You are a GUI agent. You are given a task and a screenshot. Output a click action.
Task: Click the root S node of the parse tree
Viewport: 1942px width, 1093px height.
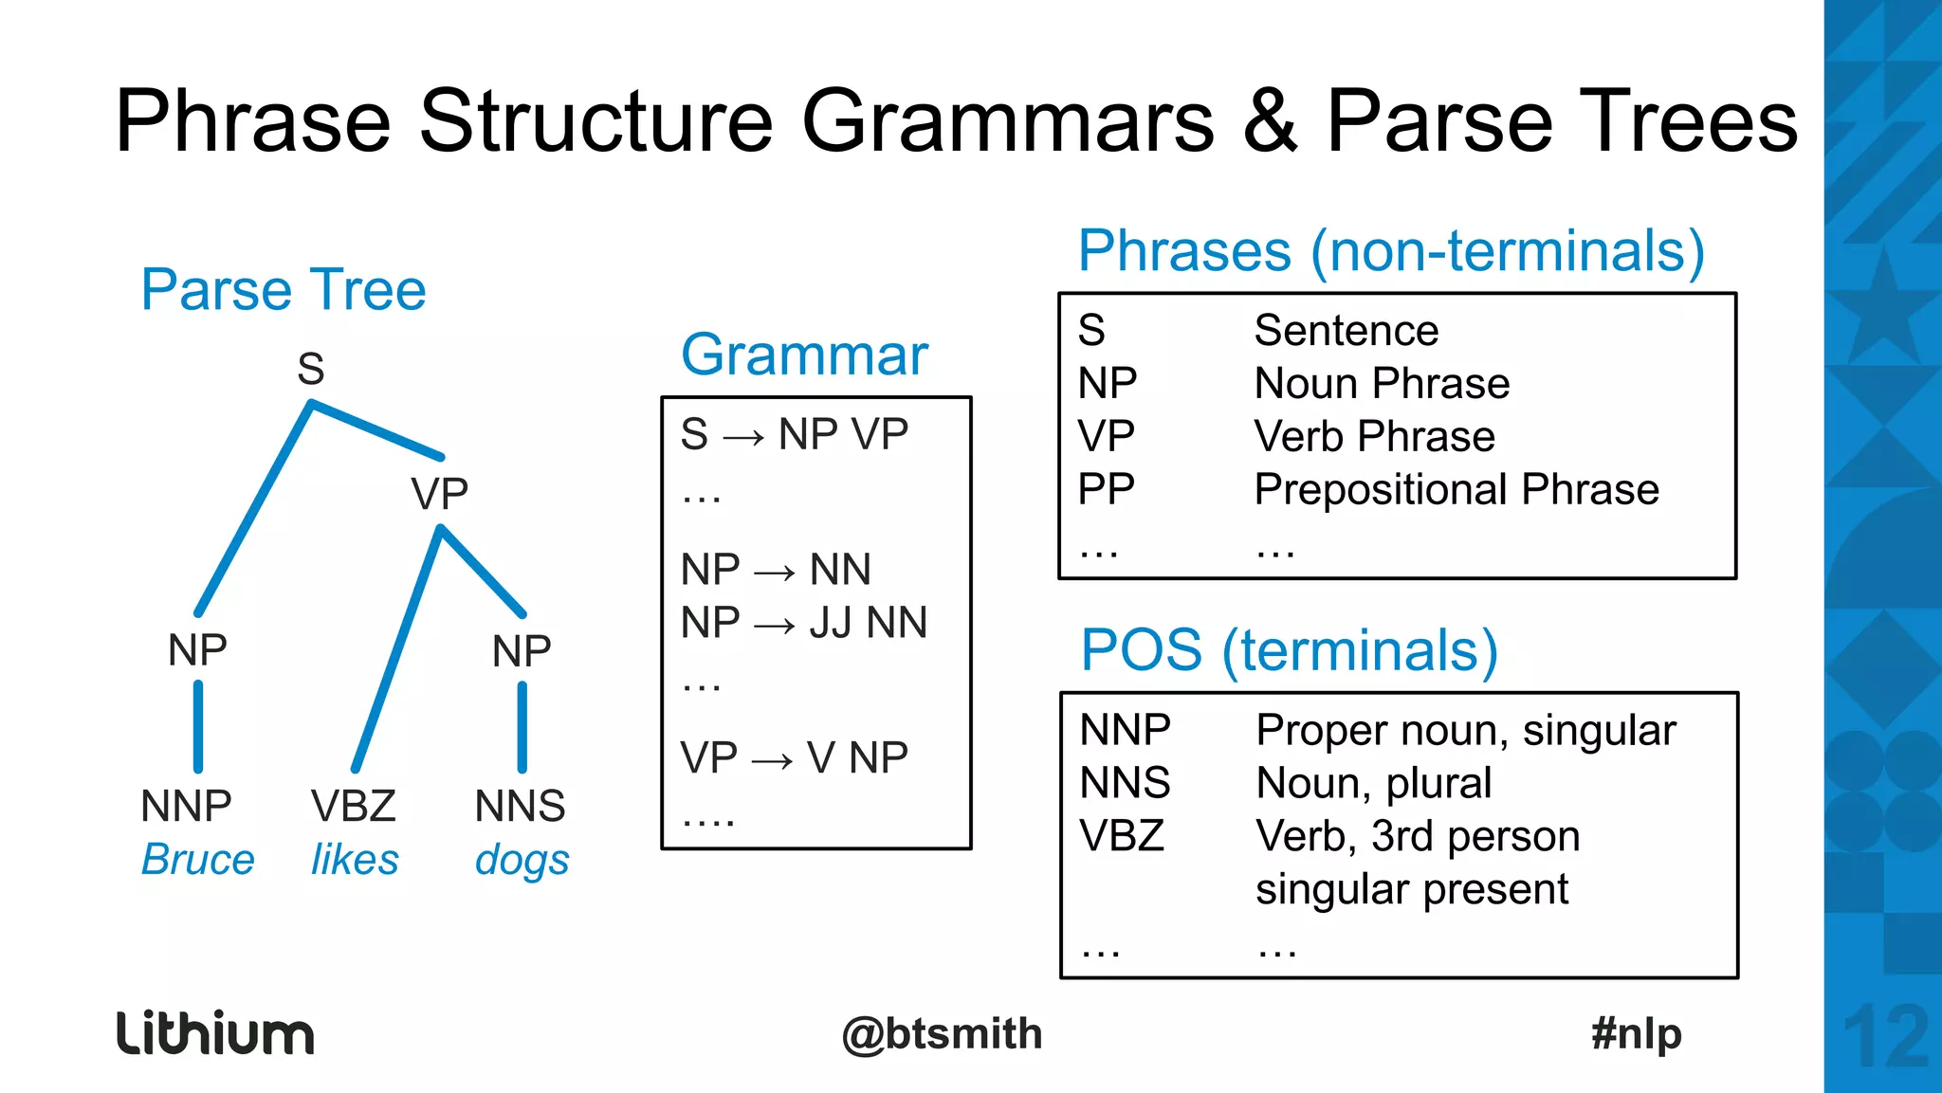click(x=311, y=369)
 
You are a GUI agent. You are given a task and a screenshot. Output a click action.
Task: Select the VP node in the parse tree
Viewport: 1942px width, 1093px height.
click(x=439, y=494)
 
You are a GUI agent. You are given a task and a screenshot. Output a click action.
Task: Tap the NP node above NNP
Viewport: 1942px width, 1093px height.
click(x=197, y=650)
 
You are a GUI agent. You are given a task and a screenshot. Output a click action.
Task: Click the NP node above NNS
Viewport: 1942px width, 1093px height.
click(x=522, y=651)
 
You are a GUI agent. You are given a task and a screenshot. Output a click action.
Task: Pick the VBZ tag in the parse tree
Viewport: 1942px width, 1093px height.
click(x=353, y=807)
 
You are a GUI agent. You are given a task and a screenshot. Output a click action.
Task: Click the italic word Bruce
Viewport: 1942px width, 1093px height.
click(x=197, y=860)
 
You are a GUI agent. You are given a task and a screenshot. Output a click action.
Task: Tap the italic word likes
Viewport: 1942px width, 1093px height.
click(x=355, y=860)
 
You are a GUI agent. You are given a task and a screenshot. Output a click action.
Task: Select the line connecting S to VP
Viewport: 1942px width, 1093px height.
click(x=377, y=430)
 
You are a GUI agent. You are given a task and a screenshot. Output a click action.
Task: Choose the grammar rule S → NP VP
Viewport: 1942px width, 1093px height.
click(x=794, y=435)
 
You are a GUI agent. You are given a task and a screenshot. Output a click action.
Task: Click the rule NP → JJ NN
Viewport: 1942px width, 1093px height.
click(x=803, y=624)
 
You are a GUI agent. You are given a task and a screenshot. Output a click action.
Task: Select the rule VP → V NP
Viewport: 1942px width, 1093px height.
click(x=794, y=758)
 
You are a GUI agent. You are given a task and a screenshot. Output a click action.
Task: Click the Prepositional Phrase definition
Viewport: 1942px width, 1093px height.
click(x=1456, y=490)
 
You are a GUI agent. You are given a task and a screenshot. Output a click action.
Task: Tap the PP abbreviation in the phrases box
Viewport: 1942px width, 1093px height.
click(x=1106, y=490)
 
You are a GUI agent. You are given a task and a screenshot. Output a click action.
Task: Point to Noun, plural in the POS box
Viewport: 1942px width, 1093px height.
click(x=1373, y=783)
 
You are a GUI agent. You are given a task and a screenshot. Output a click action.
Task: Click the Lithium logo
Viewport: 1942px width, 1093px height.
click(x=215, y=1033)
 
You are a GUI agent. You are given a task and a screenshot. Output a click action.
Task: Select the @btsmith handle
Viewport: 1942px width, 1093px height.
click(x=942, y=1034)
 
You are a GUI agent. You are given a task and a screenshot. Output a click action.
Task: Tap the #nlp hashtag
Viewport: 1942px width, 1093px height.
click(x=1637, y=1033)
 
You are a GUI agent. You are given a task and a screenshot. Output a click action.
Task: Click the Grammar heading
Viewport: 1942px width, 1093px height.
click(x=804, y=355)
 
